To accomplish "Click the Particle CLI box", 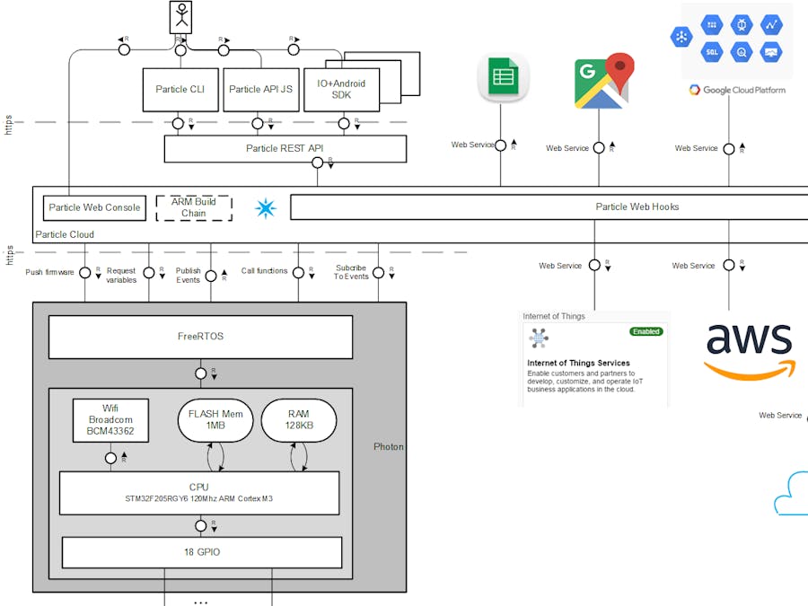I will click(180, 90).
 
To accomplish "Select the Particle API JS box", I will click(260, 90).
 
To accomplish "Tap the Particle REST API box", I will click(285, 148).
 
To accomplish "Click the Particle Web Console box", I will click(94, 207).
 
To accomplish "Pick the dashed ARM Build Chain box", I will click(194, 207).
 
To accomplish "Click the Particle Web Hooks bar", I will click(548, 206).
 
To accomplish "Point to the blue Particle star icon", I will click(266, 208).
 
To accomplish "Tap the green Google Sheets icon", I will click(503, 77).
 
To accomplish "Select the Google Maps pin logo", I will click(603, 82).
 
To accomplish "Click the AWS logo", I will click(749, 349).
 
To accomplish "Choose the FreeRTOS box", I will click(200, 337).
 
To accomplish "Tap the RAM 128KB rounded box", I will click(299, 420).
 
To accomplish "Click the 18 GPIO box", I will click(202, 552).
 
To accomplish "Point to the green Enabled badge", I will click(646, 331).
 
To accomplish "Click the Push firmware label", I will click(49, 271).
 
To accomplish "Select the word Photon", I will click(389, 446).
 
